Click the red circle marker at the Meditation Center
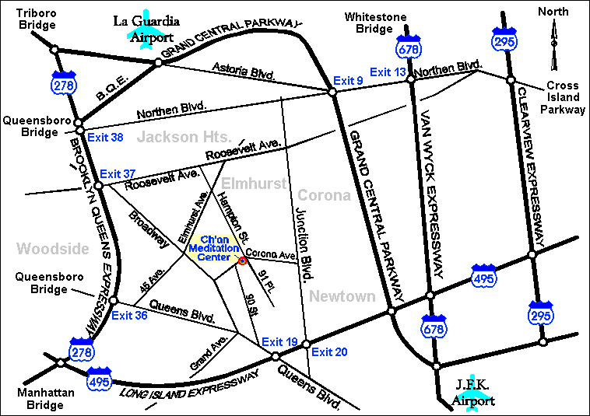click(x=242, y=260)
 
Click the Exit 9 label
click(x=348, y=80)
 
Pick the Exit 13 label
click(x=388, y=72)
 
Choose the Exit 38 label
click(x=106, y=138)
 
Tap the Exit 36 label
click(x=129, y=315)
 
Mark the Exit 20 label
click(x=328, y=352)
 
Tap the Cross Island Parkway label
click(x=564, y=98)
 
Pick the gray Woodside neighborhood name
click(x=48, y=249)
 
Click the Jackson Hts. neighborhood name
click(x=174, y=138)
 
